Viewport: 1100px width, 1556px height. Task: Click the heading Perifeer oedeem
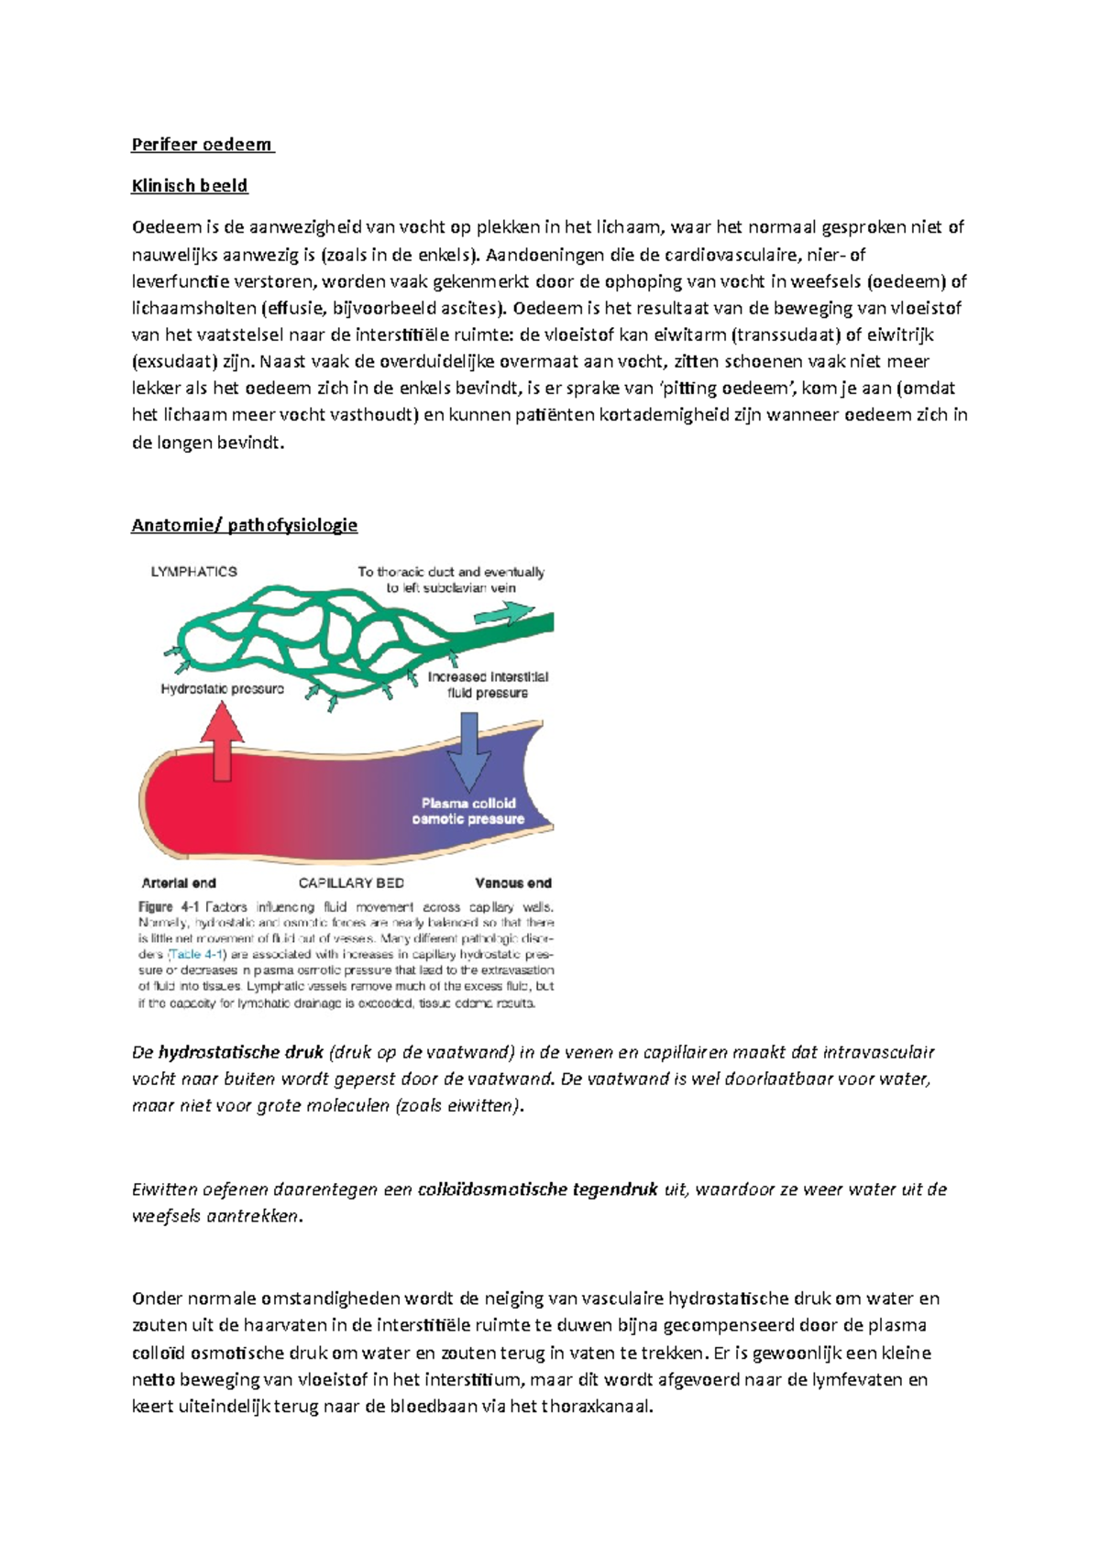pyautogui.click(x=202, y=145)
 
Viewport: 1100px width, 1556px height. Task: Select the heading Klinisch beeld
pyautogui.click(x=189, y=186)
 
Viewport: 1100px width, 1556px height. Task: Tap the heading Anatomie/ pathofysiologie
pyautogui.click(x=244, y=525)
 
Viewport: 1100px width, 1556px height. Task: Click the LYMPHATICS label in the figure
pyautogui.click(x=193, y=572)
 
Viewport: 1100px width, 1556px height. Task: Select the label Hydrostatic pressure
pyautogui.click(x=222, y=689)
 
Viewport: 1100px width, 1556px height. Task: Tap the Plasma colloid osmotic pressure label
pyautogui.click(x=468, y=811)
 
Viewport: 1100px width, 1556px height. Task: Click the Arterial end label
pyautogui.click(x=179, y=883)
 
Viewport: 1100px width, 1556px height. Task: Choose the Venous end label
pyautogui.click(x=512, y=883)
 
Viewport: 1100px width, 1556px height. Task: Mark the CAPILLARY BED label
pyautogui.click(x=351, y=883)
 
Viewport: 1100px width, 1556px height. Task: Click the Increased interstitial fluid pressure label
pyautogui.click(x=488, y=685)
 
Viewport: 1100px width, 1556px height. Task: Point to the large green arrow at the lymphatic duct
pyautogui.click(x=518, y=611)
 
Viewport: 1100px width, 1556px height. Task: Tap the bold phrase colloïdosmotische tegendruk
pyautogui.click(x=537, y=1189)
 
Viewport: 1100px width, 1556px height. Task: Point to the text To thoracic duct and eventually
pyautogui.click(x=451, y=572)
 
